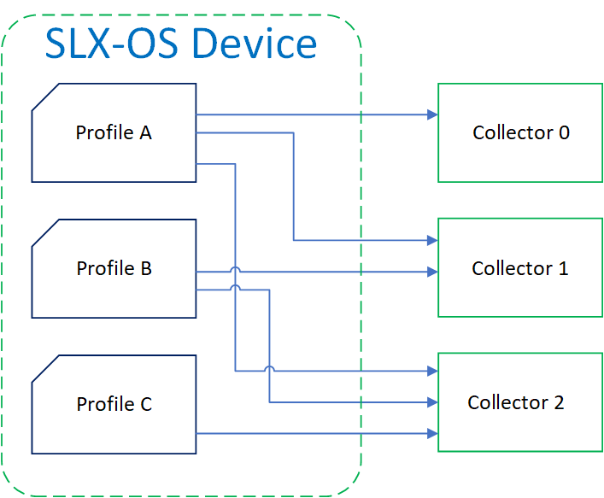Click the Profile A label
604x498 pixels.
pyautogui.click(x=114, y=132)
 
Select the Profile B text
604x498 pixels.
pyautogui.click(x=114, y=268)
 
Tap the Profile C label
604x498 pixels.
pyautogui.click(x=114, y=404)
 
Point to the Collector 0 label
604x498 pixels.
pyautogui.click(x=520, y=132)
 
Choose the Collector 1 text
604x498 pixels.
pyautogui.click(x=519, y=268)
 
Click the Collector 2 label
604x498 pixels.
pyautogui.click(x=515, y=402)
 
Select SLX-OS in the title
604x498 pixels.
pyautogui.click(x=111, y=43)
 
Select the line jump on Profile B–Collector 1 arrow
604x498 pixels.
pyautogui.click(x=235, y=270)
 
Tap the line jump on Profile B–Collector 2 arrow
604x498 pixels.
pyautogui.click(x=235, y=288)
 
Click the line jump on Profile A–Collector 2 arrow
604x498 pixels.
pyautogui.click(x=270, y=369)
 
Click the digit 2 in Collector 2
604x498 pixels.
pyautogui.click(x=559, y=402)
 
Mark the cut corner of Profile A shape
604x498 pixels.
pyautogui.click(x=44, y=97)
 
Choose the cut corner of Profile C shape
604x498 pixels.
pyautogui.click(x=44, y=368)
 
